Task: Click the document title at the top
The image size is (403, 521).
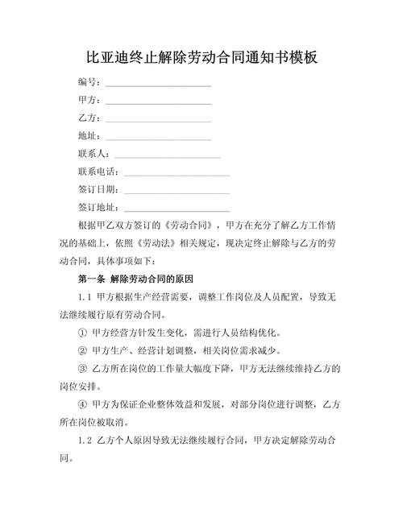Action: [201, 58]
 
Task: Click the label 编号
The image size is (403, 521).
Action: [88, 82]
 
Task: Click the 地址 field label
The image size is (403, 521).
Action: [88, 136]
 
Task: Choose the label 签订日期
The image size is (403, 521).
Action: [97, 189]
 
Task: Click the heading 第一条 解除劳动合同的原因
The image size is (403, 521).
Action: [135, 279]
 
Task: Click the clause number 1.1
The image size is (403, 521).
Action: [86, 297]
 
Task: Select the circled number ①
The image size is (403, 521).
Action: [82, 333]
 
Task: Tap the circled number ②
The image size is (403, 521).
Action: [82, 350]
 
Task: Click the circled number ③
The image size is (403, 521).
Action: [82, 369]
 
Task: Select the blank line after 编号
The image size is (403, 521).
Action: [158, 83]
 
